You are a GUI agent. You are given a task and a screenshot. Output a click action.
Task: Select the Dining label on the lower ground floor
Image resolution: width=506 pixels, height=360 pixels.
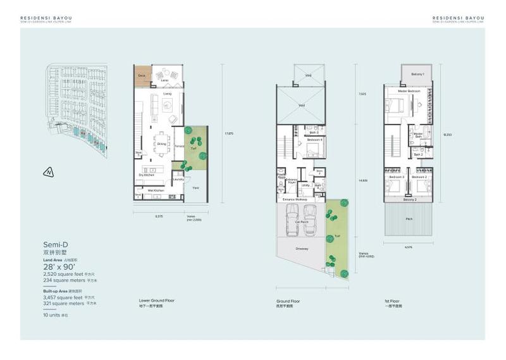point(161,144)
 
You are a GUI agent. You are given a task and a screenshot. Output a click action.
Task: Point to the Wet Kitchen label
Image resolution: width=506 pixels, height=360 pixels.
point(156,190)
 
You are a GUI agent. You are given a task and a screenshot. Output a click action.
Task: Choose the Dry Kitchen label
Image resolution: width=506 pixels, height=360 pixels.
point(146,175)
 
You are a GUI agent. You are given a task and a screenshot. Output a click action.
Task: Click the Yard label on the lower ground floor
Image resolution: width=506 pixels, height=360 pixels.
point(195,188)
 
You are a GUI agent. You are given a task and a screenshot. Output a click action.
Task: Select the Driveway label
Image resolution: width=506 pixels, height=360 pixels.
point(301,249)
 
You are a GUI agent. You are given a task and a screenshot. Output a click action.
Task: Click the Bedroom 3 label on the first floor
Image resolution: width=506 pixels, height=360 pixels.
point(397,177)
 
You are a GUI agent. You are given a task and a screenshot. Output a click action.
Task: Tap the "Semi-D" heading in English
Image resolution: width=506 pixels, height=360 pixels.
point(56,244)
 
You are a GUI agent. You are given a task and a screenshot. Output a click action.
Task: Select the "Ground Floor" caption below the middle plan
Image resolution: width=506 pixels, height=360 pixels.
point(287,301)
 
